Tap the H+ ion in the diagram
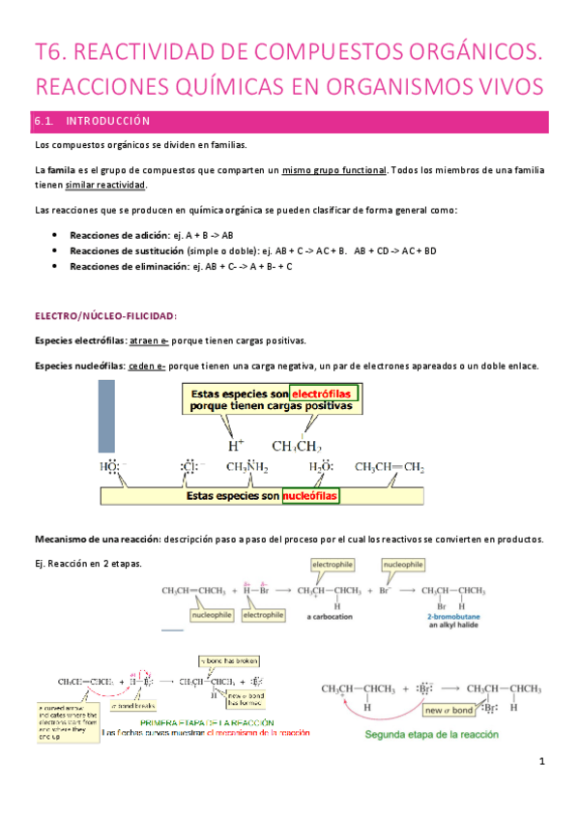235,446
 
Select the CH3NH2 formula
248,468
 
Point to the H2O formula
322,468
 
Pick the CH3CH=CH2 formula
390,468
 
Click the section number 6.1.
44,122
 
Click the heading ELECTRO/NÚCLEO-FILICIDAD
106,315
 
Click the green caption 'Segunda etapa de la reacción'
432,735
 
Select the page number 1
543,789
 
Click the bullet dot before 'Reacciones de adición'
59,235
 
